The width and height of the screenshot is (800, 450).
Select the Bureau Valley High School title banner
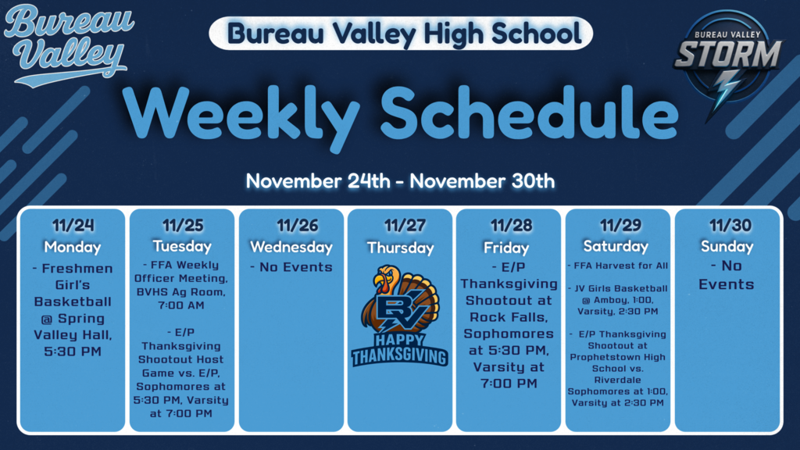click(401, 34)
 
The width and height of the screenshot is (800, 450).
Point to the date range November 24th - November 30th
click(400, 181)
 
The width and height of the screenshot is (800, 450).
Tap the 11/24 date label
click(73, 226)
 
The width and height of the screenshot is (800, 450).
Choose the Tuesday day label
click(182, 246)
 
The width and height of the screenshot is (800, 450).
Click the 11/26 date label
click(291, 226)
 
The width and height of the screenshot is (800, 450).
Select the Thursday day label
click(400, 248)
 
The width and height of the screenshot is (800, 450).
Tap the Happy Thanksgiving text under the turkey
click(400, 349)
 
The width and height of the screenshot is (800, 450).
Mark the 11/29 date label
click(618, 226)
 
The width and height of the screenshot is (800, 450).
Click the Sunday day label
click(727, 246)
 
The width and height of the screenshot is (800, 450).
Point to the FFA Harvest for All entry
click(617, 266)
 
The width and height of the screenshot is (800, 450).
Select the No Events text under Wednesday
click(291, 267)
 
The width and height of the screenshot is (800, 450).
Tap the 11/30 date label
click(727, 226)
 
